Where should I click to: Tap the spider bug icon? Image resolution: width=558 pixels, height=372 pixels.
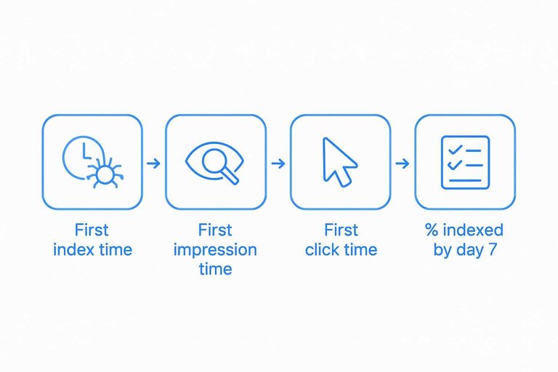coord(105,174)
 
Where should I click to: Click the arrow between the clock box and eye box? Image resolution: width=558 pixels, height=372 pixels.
coord(153,163)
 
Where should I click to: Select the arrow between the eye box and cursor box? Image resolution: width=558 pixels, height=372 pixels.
coord(278,163)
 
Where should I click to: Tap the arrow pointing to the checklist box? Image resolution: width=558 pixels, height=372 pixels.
coord(402,163)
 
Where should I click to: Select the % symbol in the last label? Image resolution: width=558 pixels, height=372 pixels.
coord(432,231)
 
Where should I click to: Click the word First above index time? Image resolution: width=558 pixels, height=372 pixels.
coord(92,231)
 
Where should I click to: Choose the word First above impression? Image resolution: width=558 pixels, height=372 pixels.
coord(216,231)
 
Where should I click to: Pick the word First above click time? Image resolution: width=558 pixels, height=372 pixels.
coord(341,231)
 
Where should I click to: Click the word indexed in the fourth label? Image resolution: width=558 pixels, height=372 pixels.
coord(474,231)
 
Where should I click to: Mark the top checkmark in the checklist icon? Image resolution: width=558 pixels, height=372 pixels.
coord(455,150)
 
